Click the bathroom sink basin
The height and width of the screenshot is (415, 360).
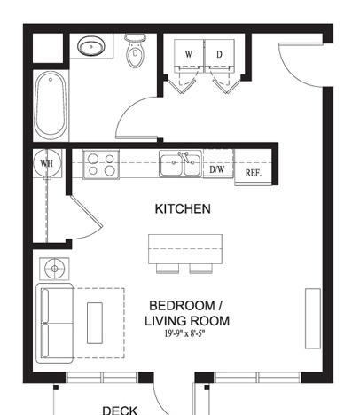[x=91, y=46]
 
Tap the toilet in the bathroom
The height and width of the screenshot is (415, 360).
[x=135, y=51]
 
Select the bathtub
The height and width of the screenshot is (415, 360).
[x=51, y=106]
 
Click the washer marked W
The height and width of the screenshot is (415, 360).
[x=189, y=56]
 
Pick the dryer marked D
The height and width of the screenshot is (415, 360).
[x=220, y=56]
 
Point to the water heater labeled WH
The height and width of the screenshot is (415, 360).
[x=47, y=163]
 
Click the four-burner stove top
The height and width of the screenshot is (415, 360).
[x=101, y=164]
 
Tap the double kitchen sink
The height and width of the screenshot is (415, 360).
[x=181, y=164]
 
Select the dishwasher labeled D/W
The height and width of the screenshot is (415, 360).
[x=218, y=169]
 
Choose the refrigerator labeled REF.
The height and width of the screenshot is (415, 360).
[x=254, y=172]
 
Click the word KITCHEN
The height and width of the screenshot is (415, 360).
[x=183, y=209]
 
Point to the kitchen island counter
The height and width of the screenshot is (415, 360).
[x=185, y=249]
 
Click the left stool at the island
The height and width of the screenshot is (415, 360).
[x=168, y=269]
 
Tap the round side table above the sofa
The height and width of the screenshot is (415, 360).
[x=54, y=269]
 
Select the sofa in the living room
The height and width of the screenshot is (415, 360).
[x=55, y=323]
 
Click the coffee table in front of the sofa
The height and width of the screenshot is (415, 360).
[x=95, y=323]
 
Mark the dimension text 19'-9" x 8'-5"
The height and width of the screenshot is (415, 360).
[x=184, y=334]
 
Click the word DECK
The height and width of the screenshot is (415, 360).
[x=120, y=411]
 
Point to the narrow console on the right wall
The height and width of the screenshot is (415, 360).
[x=313, y=318]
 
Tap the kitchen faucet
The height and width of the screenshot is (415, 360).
[x=184, y=156]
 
